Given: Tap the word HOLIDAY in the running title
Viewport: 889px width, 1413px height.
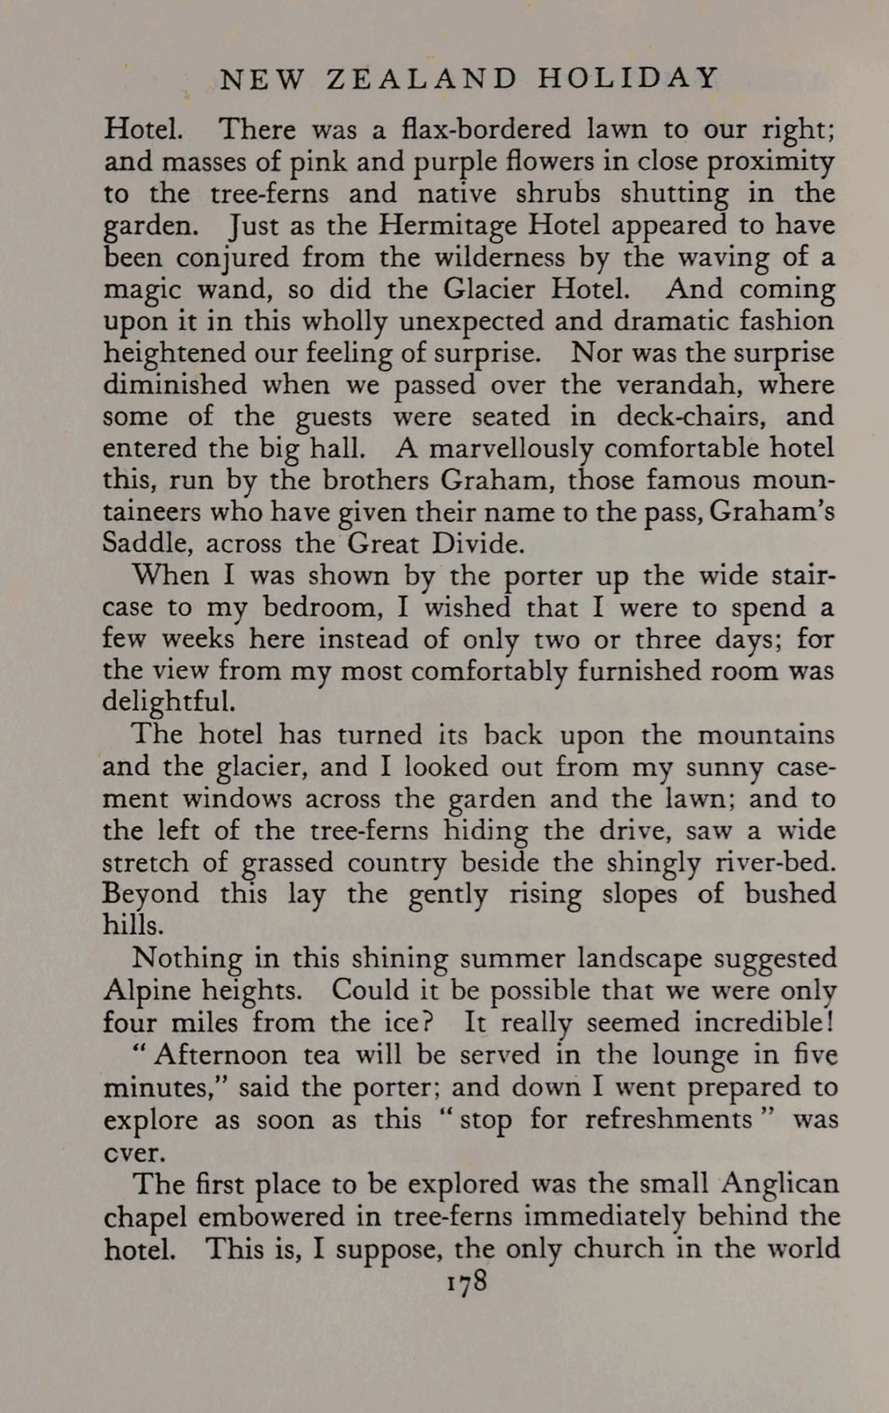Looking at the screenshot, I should pyautogui.click(x=630, y=78).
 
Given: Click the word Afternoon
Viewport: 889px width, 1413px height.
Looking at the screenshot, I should pyautogui.click(x=221, y=1055).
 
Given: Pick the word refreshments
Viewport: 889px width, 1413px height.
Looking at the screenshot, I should pyautogui.click(x=669, y=1119).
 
